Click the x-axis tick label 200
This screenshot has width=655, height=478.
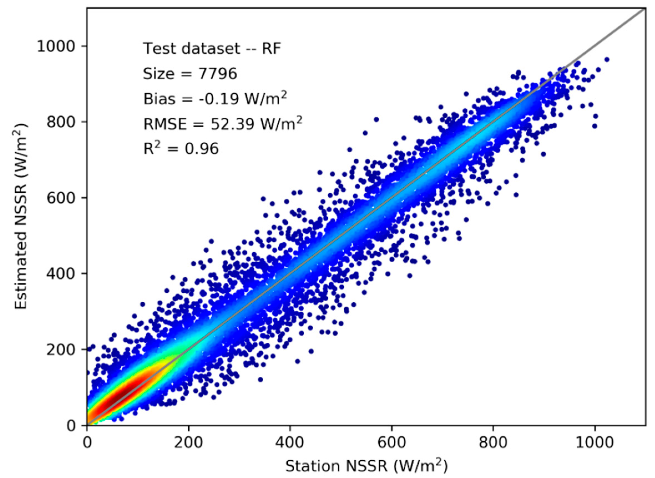coord(188,443)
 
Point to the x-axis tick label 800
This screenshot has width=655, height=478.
coord(493,443)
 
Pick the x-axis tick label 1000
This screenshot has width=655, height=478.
coord(595,443)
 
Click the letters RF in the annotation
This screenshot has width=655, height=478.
coord(271,49)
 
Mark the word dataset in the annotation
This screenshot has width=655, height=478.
coord(211,49)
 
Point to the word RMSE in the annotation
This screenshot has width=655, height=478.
coord(165,124)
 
